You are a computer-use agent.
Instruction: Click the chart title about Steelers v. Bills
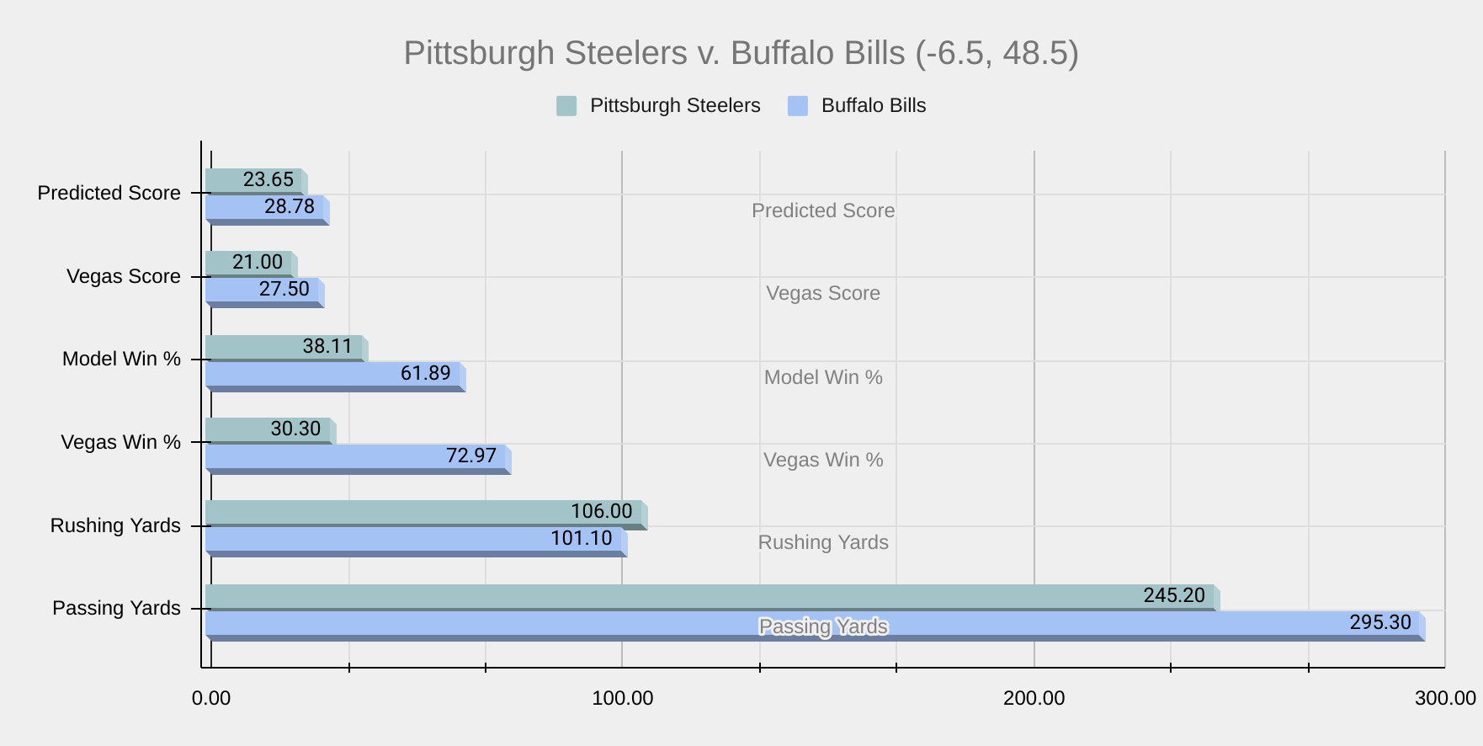coord(741,53)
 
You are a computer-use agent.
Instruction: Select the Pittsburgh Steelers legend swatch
coord(566,106)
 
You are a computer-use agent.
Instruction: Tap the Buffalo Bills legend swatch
coord(797,106)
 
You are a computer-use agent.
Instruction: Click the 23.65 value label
coord(268,179)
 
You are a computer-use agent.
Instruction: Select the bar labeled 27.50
coord(284,289)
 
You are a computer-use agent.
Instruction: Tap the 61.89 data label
coord(426,372)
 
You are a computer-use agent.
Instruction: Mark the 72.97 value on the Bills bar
coord(471,456)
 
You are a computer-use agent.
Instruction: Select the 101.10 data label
coord(582,538)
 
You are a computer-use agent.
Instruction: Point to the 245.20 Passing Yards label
coord(1174,595)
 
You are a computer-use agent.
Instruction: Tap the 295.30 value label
coord(1380,622)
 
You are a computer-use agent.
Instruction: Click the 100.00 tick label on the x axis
coord(622,698)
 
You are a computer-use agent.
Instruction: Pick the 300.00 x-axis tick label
coord(1445,698)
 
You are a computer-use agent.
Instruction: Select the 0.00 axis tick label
coord(211,698)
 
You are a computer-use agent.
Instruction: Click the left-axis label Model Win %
coord(121,360)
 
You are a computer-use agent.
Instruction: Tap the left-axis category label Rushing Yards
coord(115,525)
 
